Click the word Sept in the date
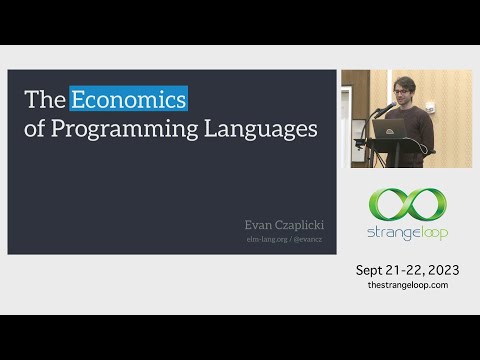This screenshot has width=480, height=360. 373,270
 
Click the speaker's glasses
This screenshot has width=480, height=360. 403,92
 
